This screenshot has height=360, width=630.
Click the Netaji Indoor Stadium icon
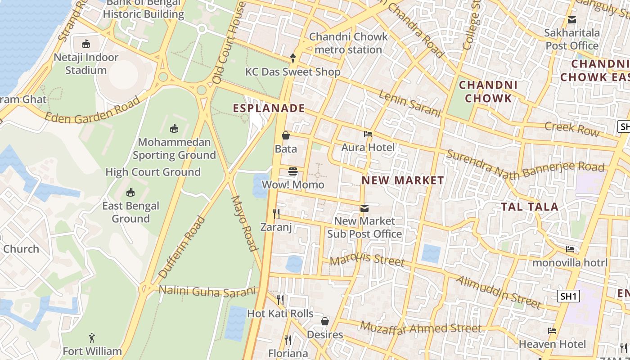tap(86, 44)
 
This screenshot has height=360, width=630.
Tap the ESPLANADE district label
tap(269, 108)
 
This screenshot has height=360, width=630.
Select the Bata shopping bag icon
tap(286, 135)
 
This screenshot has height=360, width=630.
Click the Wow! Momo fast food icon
tap(293, 171)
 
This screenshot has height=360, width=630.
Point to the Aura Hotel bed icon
tap(368, 134)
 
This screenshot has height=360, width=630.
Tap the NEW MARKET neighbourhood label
tap(403, 180)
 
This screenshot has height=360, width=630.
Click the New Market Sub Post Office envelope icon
tap(364, 208)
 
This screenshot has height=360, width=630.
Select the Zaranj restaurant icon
tap(276, 213)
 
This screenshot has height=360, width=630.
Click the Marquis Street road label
tap(367, 260)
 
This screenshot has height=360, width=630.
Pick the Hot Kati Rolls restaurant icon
tap(280, 300)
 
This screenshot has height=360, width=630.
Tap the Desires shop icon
tap(325, 321)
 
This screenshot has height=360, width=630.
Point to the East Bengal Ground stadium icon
tap(130, 193)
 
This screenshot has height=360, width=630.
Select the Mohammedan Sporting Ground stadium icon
tap(174, 129)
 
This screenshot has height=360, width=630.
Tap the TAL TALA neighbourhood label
tap(530, 207)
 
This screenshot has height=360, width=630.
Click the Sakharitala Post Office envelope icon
tap(572, 20)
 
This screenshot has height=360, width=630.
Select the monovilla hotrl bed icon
tap(570, 249)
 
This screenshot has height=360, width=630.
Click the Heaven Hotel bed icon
tap(552, 331)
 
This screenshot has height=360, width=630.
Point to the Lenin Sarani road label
tap(409, 103)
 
